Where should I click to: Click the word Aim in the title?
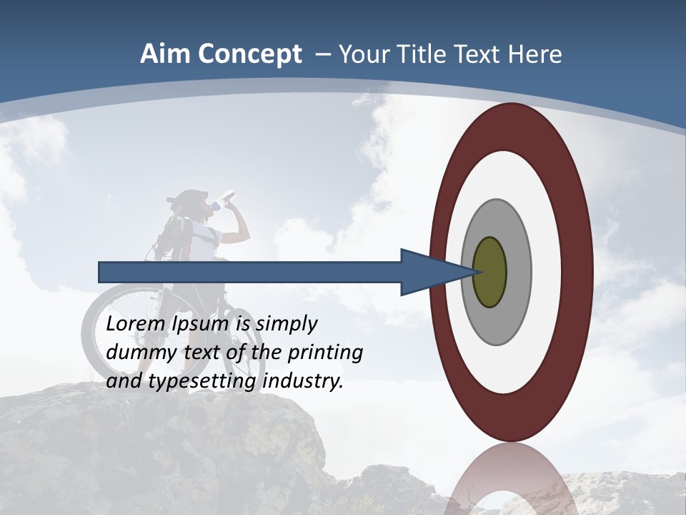click(x=164, y=54)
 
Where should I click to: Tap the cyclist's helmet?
click(x=190, y=197)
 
